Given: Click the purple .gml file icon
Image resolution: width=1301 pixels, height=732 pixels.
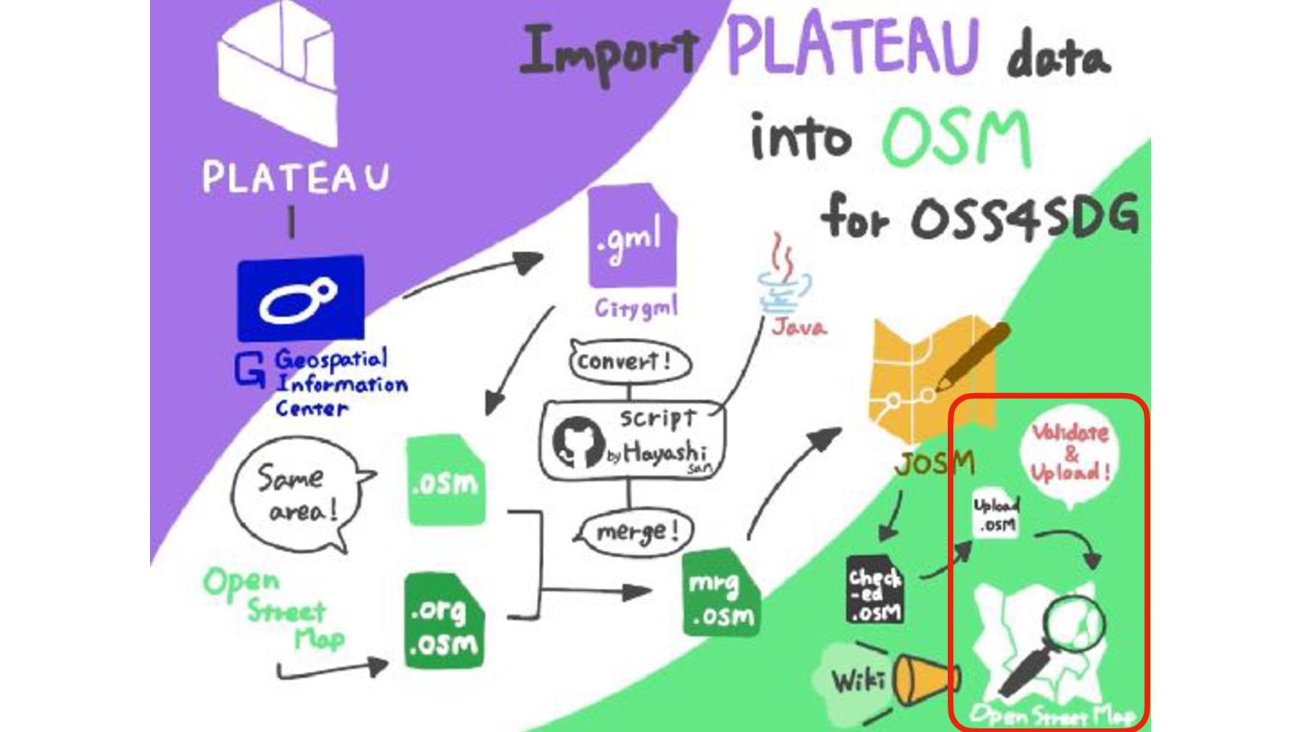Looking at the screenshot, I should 632,238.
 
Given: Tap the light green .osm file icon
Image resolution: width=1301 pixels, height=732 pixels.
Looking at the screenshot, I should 445,482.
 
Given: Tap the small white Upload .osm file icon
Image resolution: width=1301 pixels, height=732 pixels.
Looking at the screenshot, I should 996,516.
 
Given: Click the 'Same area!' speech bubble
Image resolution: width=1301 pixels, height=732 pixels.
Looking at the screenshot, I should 297,496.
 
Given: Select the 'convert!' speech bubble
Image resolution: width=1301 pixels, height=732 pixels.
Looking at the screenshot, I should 629,362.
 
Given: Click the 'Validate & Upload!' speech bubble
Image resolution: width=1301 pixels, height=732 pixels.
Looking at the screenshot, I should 1071,453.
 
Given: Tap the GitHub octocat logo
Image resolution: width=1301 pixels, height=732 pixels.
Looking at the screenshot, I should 578,443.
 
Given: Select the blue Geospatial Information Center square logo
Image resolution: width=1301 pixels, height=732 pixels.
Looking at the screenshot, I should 300,298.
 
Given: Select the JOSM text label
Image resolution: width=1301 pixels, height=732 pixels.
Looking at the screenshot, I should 934,465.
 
